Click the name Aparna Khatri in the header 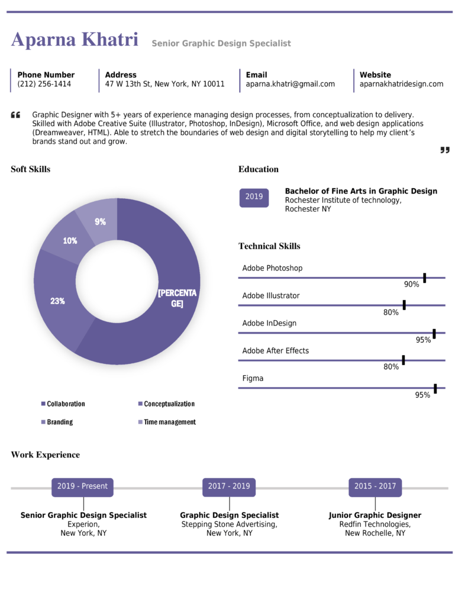(75, 40)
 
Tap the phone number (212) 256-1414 (44, 84)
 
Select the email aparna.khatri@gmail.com (290, 84)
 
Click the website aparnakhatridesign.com (401, 84)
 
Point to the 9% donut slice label (100, 222)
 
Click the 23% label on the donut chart (57, 301)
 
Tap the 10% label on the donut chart (70, 241)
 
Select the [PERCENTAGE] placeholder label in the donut (177, 298)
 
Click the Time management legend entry (169, 422)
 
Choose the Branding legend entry (60, 422)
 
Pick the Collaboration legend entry (66, 404)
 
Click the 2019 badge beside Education (254, 197)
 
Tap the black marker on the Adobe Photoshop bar (424, 278)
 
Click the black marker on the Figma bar (435, 388)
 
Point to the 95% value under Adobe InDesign (423, 340)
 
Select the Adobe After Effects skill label (275, 351)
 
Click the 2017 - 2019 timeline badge (229, 486)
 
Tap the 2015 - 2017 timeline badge (375, 486)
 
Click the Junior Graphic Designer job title (375, 515)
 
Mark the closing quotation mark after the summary (445, 150)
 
